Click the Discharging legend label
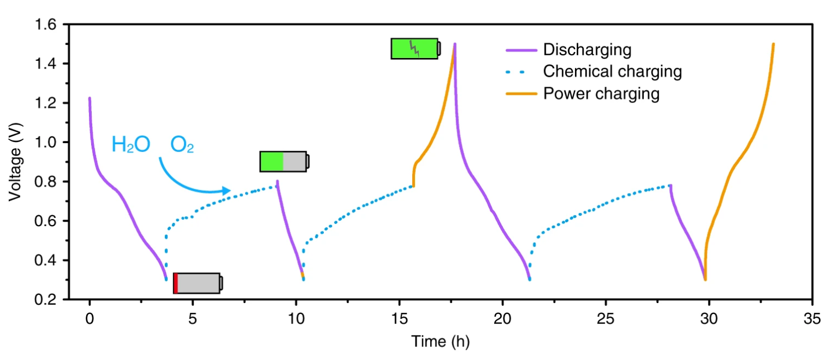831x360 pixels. click(587, 50)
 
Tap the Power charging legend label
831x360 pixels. click(602, 94)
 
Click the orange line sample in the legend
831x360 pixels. click(521, 94)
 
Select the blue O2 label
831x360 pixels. click(182, 145)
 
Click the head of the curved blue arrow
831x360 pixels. click(228, 190)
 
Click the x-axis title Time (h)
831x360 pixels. click(440, 342)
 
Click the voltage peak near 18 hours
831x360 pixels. click(455, 44)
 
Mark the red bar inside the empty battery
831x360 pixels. click(176, 284)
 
